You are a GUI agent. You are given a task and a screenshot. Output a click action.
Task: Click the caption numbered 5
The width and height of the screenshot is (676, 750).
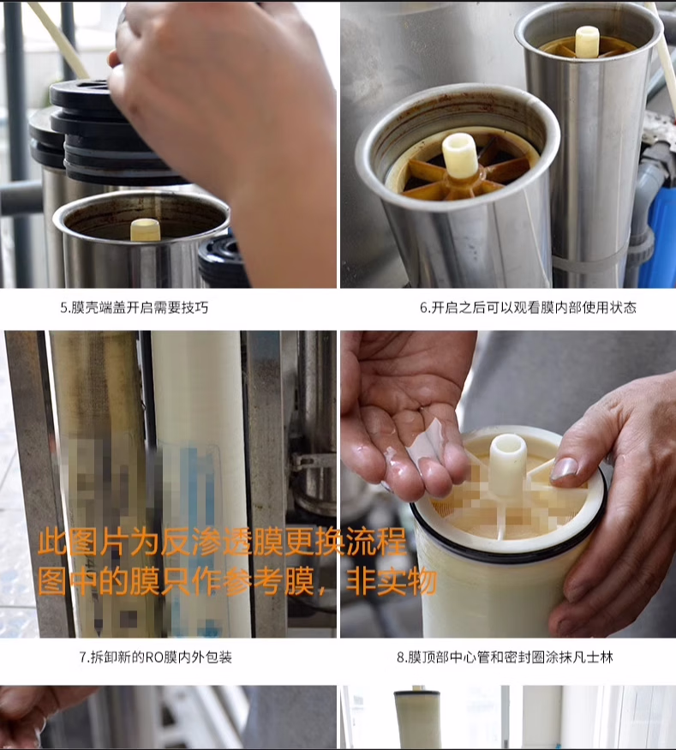tap(135, 308)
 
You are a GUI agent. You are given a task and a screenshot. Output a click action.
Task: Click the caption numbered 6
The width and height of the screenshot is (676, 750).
tap(529, 308)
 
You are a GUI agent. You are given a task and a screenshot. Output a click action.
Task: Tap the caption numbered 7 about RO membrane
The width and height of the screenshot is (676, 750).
tap(155, 657)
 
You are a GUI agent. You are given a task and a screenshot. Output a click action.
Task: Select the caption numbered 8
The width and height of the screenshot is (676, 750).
tap(505, 657)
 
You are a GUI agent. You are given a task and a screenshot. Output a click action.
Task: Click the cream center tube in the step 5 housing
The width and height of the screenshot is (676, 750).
tap(146, 230)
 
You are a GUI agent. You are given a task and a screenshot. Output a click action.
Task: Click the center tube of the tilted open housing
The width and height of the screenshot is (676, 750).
tap(459, 155)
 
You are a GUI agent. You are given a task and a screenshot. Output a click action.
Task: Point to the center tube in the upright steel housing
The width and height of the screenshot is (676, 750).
tap(587, 42)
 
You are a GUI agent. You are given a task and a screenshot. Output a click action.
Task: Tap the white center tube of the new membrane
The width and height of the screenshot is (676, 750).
tap(508, 464)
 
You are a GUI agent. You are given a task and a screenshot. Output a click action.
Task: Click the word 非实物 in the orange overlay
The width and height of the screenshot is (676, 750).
tap(391, 582)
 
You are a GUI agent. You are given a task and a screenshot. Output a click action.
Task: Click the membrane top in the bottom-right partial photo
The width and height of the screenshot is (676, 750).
tap(417, 696)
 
